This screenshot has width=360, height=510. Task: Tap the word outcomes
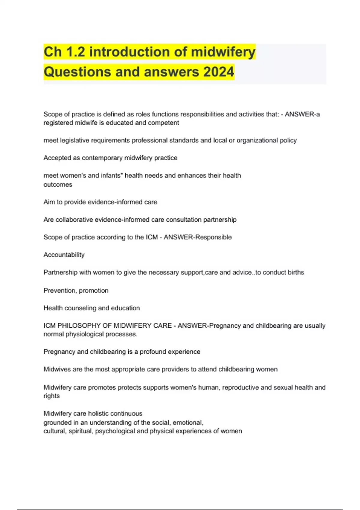pyautogui.click(x=58, y=184)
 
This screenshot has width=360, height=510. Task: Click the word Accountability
pyautogui.click(x=64, y=255)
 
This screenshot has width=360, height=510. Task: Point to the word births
pyautogui.click(x=296, y=272)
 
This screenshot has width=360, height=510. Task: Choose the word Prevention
pyautogui.click(x=59, y=290)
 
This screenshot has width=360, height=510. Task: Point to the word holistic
pyautogui.click(x=99, y=413)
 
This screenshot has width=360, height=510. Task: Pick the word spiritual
pyautogui.click(x=80, y=431)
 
